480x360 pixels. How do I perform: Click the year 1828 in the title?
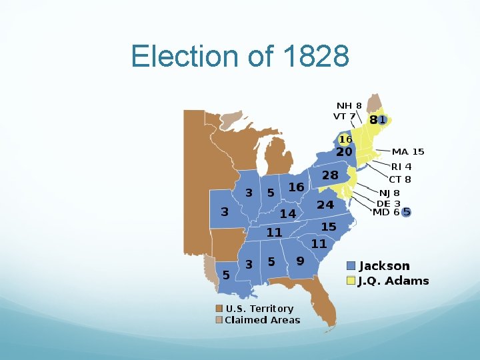coord(316,57)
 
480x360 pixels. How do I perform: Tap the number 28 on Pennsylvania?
coord(330,175)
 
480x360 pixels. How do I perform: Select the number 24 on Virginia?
coord(325,205)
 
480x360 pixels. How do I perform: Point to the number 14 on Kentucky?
coord(287,214)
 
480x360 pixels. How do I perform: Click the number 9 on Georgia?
coord(300,261)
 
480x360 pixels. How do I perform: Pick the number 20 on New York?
coord(344,152)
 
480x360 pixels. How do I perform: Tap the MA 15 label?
coord(408,152)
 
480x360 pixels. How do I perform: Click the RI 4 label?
coord(401,167)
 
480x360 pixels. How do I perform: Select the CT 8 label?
coord(400,179)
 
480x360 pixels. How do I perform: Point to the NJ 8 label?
coord(390,193)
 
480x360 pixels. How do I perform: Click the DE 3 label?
coord(389,203)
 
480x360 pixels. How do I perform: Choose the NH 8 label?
coord(349,105)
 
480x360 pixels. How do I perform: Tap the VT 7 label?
coord(344,116)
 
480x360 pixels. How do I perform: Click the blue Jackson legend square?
coord(351,266)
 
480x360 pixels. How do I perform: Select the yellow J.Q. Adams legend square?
coord(351,281)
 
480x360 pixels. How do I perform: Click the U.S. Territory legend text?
coord(259,309)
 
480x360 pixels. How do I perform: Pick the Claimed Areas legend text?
coord(263,320)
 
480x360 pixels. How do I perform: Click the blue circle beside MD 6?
coord(406,212)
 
